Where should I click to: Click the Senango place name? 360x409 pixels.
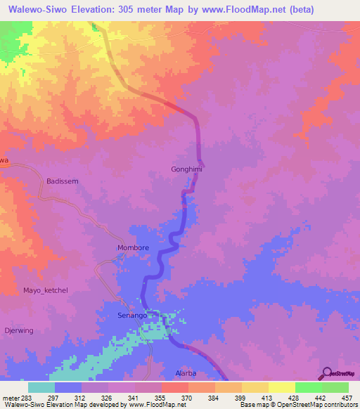click(131, 316)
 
